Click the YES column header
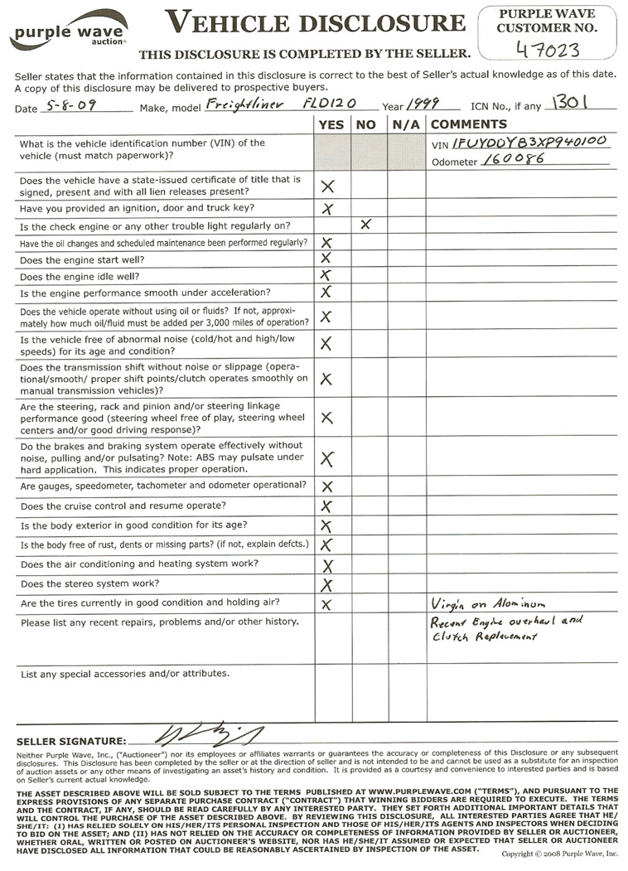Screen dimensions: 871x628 pyautogui.click(x=331, y=124)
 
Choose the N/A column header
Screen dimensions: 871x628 pyautogui.click(x=407, y=124)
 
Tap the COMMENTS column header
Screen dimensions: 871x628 pyautogui.click(x=469, y=124)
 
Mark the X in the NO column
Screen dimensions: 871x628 pyautogui.click(x=365, y=224)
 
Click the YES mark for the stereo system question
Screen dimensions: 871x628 pyautogui.click(x=326, y=585)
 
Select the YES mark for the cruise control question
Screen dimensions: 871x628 pyautogui.click(x=326, y=506)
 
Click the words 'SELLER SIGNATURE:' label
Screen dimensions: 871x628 pyautogui.click(x=71, y=740)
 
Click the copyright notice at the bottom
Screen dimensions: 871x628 pyautogui.click(x=560, y=853)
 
